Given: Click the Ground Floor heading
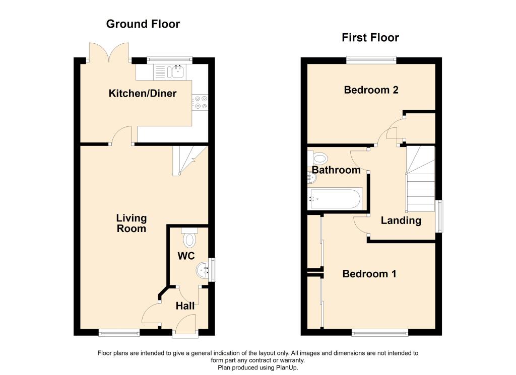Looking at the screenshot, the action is (143, 24).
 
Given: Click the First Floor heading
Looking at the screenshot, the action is (370, 37).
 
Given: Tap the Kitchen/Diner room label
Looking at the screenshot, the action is (143, 93).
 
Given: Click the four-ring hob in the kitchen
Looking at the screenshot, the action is (200, 102).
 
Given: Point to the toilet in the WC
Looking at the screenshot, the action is (189, 238).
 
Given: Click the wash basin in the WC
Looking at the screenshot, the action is (203, 270).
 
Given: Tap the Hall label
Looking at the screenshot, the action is (185, 306).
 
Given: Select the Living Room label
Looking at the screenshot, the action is (132, 223).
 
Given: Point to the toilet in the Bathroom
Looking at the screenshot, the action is (318, 158).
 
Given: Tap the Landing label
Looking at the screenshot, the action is (401, 220).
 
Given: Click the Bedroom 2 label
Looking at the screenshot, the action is (371, 90).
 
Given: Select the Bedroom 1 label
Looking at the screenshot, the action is (369, 274).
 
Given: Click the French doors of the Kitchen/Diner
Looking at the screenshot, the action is (109, 52).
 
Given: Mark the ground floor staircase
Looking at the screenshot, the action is (190, 161).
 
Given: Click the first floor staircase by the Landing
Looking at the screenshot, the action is (420, 179).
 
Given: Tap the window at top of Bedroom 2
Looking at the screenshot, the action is (371, 60).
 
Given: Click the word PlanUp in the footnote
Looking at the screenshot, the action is (287, 368).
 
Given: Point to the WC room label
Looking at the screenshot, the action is (186, 256).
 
